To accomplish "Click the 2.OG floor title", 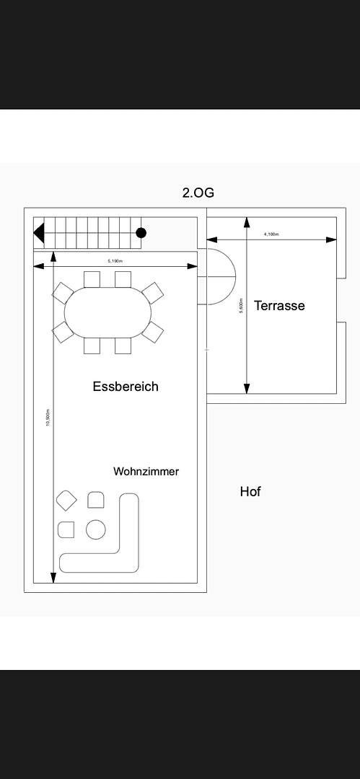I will click(198, 193).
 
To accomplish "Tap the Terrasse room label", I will click(279, 305).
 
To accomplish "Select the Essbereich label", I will click(126, 387).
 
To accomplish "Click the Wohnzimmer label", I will click(146, 472).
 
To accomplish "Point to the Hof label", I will click(250, 492).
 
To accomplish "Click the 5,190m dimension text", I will click(115, 260).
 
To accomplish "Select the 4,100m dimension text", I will click(271, 234).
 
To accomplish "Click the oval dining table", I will click(108, 312).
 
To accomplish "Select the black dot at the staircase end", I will click(141, 232).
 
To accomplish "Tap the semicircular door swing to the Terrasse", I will click(220, 276).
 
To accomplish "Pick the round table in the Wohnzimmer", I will click(96, 529).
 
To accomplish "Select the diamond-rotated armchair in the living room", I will click(67, 500).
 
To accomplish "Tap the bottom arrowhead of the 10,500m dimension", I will click(53, 578).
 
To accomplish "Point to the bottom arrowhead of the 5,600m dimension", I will click(247, 388).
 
